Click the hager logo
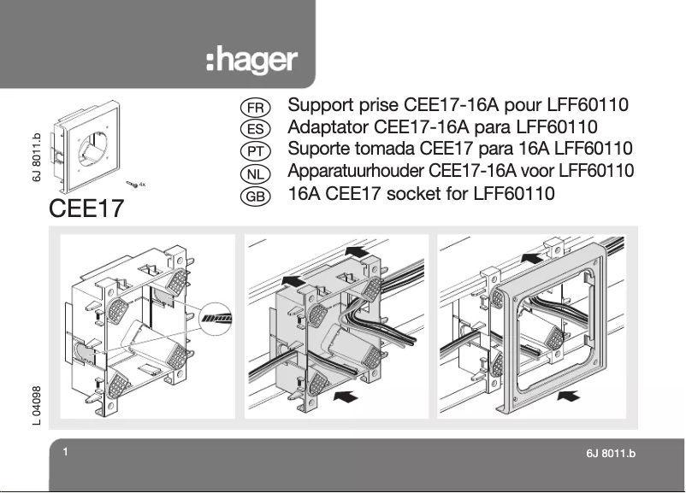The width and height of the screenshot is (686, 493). [251, 61]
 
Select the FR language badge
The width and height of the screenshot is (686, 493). [255, 108]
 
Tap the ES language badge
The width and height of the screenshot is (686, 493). [255, 130]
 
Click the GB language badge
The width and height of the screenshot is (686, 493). [255, 196]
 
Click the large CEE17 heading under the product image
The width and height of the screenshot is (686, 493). [86, 208]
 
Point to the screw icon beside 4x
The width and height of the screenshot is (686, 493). [131, 184]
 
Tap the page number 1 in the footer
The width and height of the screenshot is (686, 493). [65, 451]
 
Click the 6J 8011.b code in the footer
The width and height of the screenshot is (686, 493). [611, 453]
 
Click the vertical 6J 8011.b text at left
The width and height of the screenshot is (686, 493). [36, 156]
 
